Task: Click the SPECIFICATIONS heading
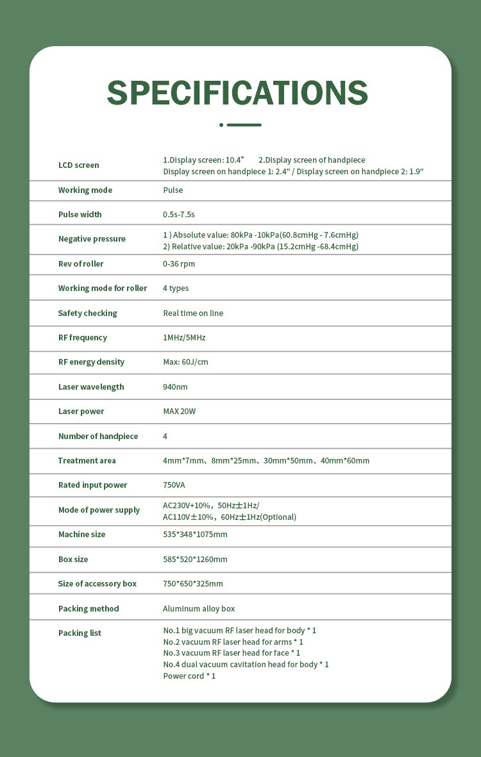click(x=237, y=94)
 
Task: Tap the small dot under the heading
click(x=221, y=125)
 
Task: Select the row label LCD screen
click(x=79, y=165)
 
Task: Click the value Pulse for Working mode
click(x=173, y=190)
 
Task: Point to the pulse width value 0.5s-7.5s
click(x=179, y=215)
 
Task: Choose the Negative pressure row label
click(x=92, y=239)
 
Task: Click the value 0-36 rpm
click(x=179, y=264)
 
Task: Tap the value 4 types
click(x=176, y=288)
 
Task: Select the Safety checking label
click(x=87, y=313)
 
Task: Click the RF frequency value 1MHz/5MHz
click(x=184, y=338)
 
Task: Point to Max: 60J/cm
click(x=185, y=362)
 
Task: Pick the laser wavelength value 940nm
click(x=175, y=387)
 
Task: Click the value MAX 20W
click(x=180, y=412)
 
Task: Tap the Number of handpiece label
click(x=98, y=437)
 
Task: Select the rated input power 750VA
click(x=174, y=485)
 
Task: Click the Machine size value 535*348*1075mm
click(x=195, y=535)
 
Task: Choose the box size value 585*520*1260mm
click(x=195, y=560)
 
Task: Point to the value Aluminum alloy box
click(x=199, y=609)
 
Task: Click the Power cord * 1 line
click(x=189, y=676)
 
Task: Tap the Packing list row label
click(x=80, y=633)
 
